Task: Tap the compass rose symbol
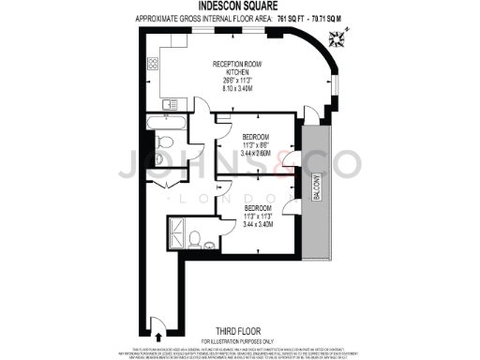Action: click(337, 37)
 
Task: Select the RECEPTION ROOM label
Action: click(235, 64)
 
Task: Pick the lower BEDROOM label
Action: click(258, 207)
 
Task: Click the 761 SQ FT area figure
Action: click(284, 18)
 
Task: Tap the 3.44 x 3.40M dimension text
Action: click(258, 224)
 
